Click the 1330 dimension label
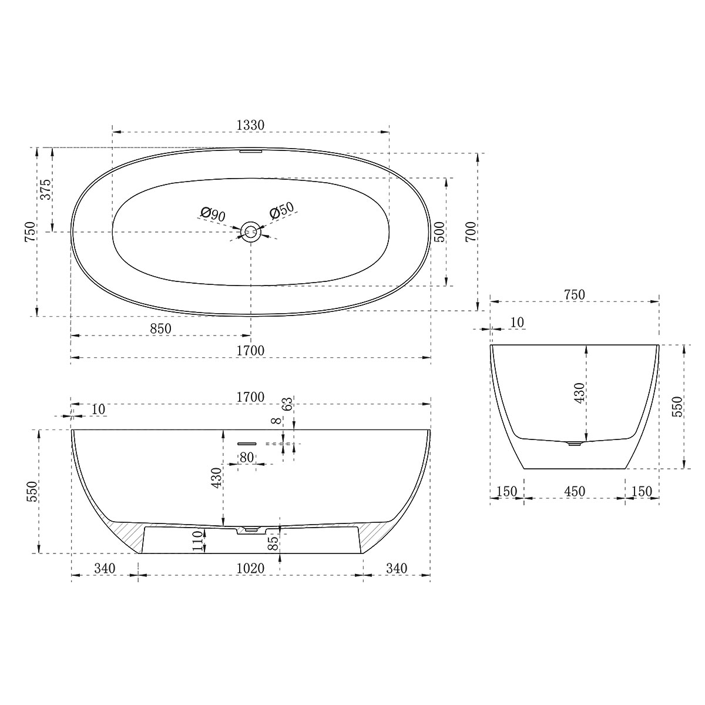pos(251,125)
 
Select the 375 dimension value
pos(47,189)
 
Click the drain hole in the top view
pos(251,231)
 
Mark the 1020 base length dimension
pos(251,568)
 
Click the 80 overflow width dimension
pos(246,457)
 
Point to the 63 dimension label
pos(287,405)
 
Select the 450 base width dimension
pos(574,492)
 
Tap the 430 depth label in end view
pos(579,392)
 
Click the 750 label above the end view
pos(574,295)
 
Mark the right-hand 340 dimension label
pos(397,568)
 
